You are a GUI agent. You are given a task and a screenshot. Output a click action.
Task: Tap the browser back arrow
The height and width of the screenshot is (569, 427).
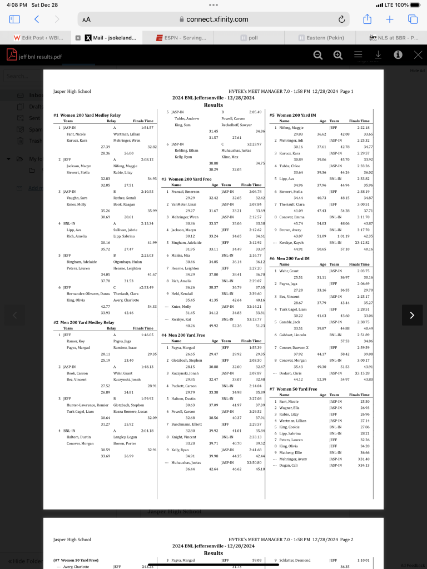tap(37, 19)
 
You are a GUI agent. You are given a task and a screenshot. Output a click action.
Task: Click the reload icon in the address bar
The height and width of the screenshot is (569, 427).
tap(341, 19)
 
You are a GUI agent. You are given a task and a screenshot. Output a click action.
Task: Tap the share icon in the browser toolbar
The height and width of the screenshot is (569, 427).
tap(367, 19)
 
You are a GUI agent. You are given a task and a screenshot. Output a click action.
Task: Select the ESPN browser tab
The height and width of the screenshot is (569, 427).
tap(177, 38)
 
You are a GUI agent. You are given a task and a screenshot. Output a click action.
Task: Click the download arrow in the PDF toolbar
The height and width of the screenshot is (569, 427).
tap(378, 54)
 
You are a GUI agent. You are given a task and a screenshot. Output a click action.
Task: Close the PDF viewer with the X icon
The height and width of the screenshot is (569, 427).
tap(418, 54)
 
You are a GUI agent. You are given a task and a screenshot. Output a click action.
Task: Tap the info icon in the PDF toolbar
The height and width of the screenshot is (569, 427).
tap(398, 54)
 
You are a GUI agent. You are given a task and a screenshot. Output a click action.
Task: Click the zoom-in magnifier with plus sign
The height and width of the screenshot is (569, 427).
tap(338, 54)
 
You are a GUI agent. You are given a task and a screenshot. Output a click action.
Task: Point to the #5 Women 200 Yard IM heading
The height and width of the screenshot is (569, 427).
tap(296, 116)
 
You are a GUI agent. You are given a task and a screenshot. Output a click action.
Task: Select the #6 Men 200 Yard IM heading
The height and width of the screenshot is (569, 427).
tap(292, 258)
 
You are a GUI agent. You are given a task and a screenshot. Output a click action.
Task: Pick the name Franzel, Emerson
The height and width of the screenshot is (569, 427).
tap(185, 191)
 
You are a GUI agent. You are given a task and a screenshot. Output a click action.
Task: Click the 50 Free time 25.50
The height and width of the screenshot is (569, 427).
tap(365, 401)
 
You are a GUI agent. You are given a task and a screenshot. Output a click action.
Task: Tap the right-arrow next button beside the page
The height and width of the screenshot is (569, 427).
tap(412, 315)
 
